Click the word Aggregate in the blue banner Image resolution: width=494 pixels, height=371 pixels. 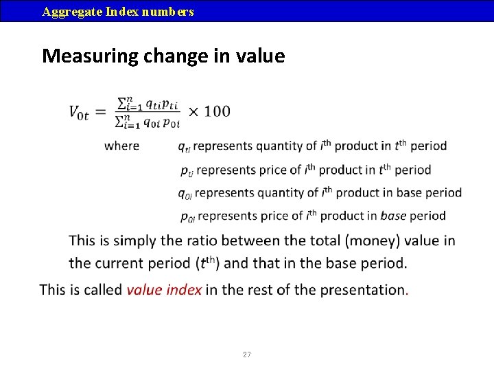[x=73, y=12]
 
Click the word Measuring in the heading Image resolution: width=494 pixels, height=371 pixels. [x=91, y=56]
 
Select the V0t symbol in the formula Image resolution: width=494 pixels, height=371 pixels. [x=79, y=113]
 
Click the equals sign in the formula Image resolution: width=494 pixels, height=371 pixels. [x=101, y=112]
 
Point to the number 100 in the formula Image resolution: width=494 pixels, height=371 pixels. [x=217, y=111]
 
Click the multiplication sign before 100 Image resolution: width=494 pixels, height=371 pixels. [x=193, y=112]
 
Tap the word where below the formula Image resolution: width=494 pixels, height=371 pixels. [x=121, y=146]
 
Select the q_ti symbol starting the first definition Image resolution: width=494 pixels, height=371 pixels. [x=185, y=147]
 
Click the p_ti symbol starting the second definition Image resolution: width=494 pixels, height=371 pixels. [x=187, y=171]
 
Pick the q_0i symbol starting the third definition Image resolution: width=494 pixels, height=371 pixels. [x=185, y=194]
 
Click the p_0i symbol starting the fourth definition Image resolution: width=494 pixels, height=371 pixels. [x=188, y=217]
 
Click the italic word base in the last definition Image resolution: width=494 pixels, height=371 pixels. [x=394, y=216]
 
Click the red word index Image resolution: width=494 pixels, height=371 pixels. [x=184, y=290]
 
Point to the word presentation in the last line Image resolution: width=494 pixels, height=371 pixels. [x=362, y=290]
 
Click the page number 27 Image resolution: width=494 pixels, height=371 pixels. [x=247, y=355]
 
